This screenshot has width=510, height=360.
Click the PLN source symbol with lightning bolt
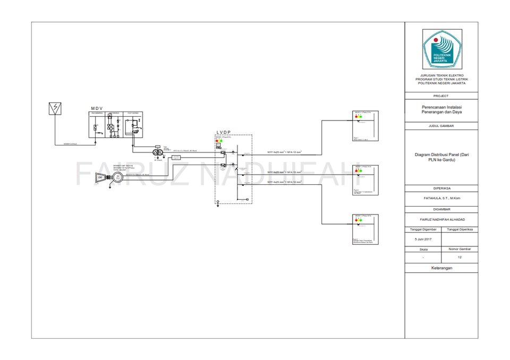(54, 108)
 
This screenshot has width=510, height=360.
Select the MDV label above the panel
(96, 108)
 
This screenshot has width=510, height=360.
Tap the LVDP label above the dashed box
(224, 132)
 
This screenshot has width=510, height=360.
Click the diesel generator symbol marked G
(117, 178)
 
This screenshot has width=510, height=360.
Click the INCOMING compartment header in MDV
(97, 113)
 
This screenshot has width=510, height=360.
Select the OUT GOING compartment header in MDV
(133, 113)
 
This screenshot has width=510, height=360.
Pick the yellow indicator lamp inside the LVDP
(219, 140)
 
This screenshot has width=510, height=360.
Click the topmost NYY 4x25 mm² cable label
(284, 152)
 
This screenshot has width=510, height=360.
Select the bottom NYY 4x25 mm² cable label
(284, 182)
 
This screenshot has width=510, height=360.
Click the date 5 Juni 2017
(423, 239)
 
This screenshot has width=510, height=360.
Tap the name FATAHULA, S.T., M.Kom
(441, 198)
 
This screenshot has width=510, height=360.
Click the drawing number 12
(460, 257)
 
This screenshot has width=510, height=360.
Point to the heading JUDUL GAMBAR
(441, 126)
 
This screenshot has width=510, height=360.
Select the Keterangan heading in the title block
(441, 269)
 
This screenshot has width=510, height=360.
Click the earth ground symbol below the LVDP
(217, 202)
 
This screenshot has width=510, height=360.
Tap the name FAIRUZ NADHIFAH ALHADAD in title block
(441, 219)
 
